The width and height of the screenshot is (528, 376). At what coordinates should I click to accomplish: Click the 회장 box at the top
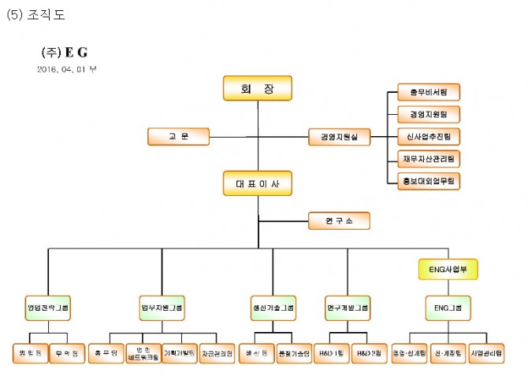257,88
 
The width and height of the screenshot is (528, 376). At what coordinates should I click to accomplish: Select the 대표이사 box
257,184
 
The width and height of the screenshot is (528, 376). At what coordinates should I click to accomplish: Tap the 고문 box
178,137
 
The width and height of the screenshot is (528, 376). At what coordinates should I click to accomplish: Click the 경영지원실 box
339,137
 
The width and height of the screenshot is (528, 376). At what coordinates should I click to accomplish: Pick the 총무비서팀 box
428,92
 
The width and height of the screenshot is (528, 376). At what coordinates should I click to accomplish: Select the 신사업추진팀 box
428,136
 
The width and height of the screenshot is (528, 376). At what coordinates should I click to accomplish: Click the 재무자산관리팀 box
428,158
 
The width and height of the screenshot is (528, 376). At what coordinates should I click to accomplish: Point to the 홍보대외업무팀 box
428,180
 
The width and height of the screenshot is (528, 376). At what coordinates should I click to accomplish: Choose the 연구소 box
338,221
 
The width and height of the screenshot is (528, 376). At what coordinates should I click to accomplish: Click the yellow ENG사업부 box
448,270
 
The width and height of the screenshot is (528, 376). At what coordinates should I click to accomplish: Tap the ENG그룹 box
448,308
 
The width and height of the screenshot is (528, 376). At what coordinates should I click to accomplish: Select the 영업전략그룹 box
48,308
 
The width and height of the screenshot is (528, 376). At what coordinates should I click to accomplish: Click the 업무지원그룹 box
161,308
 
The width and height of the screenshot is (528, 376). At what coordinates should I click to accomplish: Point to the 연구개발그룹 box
348,308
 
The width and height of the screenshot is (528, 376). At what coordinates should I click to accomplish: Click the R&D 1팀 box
331,353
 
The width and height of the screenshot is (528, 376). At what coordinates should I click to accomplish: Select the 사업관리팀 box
486,353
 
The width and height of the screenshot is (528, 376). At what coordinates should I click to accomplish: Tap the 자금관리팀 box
217,353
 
